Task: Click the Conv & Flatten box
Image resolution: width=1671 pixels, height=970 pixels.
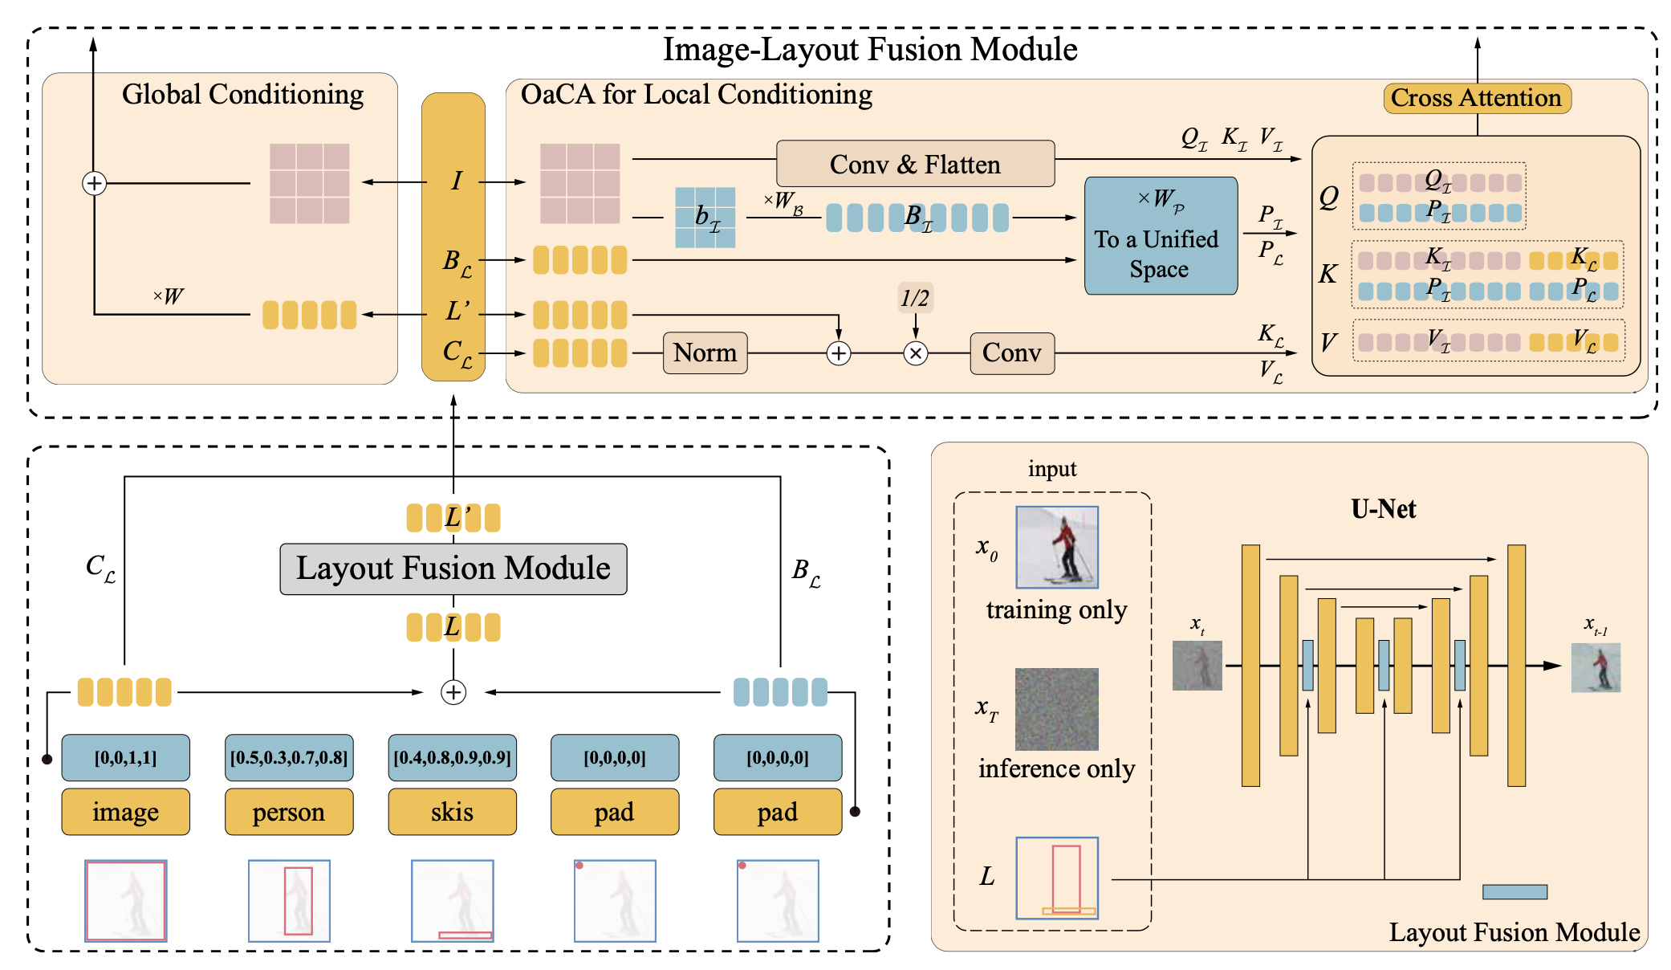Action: (x=915, y=164)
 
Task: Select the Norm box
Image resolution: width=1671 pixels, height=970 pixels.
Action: (x=705, y=353)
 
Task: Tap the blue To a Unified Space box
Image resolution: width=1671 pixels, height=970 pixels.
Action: (x=1160, y=236)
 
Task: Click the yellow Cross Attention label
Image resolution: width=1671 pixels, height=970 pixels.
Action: (x=1476, y=98)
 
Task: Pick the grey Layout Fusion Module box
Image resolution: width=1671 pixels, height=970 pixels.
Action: (x=453, y=569)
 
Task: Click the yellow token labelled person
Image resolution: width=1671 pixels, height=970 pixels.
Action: (x=288, y=812)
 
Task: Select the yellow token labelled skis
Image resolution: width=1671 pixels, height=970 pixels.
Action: (x=452, y=812)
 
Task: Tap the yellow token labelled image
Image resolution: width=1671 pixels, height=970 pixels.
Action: (x=125, y=812)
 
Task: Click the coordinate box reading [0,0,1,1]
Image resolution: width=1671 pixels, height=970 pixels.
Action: (x=125, y=757)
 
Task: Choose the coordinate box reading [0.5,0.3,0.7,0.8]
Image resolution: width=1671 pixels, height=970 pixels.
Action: (x=288, y=757)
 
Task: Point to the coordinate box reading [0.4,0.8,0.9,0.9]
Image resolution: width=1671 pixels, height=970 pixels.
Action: (x=452, y=757)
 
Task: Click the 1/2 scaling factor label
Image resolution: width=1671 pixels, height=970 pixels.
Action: (x=915, y=299)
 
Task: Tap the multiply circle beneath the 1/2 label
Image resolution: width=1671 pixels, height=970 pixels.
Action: (x=916, y=353)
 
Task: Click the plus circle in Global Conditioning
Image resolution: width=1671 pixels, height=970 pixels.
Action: (x=94, y=183)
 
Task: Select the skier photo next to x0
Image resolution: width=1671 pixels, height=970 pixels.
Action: (x=1056, y=547)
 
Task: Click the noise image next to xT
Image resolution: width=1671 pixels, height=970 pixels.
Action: (x=1056, y=709)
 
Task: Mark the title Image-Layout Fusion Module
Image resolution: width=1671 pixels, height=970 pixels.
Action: (x=869, y=50)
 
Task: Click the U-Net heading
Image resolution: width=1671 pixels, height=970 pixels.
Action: (x=1383, y=509)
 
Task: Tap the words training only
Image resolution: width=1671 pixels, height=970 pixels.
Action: (x=1056, y=610)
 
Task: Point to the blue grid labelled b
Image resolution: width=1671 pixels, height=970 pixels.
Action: (x=705, y=217)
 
